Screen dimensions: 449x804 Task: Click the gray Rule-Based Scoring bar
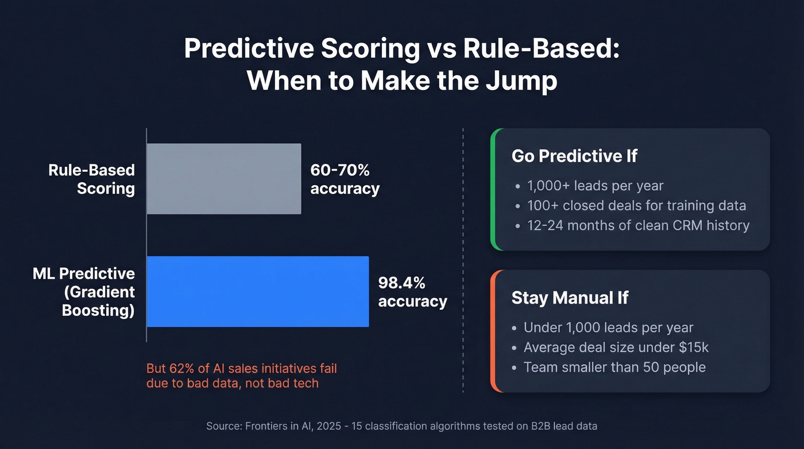click(224, 179)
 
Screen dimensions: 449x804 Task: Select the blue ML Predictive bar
click(258, 291)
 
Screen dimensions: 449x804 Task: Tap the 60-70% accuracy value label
click(345, 179)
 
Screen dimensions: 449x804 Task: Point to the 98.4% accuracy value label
click(412, 291)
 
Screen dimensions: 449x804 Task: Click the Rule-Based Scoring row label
click(92, 179)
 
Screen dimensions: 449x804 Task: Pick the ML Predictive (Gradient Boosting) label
click(84, 291)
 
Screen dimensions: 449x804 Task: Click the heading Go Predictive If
click(574, 156)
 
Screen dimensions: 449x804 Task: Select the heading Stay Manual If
click(570, 297)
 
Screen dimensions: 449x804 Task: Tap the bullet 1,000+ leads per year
click(595, 186)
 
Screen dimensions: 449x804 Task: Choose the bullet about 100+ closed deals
click(636, 205)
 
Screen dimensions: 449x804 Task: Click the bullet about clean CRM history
click(638, 225)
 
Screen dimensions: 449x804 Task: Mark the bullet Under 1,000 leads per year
click(608, 328)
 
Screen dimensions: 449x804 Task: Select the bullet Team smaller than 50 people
click(614, 367)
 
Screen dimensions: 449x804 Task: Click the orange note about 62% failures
click(241, 375)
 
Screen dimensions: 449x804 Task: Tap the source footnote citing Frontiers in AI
click(401, 426)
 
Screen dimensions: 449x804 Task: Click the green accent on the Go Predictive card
click(493, 189)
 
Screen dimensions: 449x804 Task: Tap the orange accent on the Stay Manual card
click(493, 331)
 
